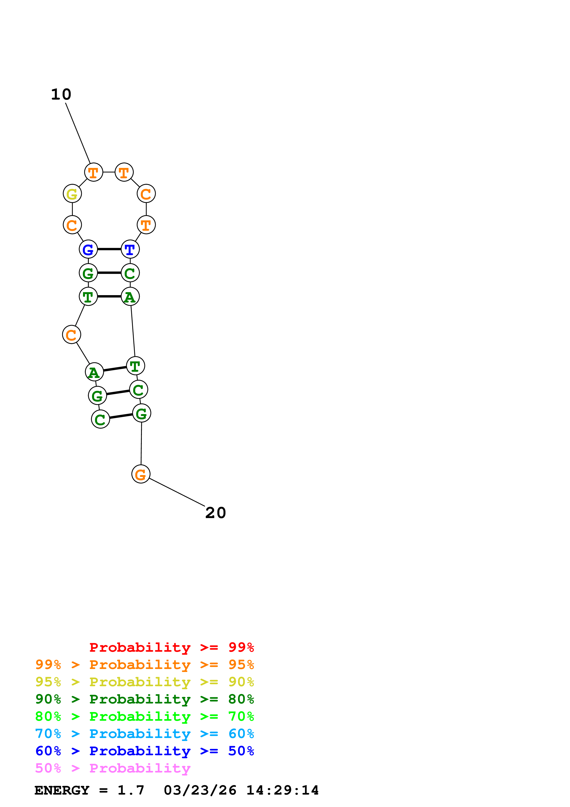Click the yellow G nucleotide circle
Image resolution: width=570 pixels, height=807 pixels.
tap(72, 194)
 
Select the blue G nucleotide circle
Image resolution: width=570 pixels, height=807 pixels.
tap(88, 249)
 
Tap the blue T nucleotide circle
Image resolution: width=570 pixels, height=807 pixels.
tap(130, 249)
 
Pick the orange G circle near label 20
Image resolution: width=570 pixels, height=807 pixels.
tap(141, 474)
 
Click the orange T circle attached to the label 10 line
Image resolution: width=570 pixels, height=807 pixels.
tap(93, 172)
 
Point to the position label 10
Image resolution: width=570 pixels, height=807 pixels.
tap(61, 94)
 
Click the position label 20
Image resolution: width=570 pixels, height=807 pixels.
tap(216, 513)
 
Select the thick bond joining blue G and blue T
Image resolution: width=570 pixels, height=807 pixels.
tap(109, 249)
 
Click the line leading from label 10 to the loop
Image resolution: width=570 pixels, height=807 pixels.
tap(78, 133)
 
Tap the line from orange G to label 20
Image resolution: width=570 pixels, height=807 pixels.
tap(177, 492)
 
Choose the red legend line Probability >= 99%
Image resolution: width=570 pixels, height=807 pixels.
tap(172, 647)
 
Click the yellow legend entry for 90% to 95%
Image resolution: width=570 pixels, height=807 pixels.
tap(145, 682)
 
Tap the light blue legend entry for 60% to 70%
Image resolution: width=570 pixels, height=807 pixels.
tap(145, 734)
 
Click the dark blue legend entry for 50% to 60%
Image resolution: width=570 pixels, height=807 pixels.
tap(145, 751)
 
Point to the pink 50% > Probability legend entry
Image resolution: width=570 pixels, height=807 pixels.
tap(113, 768)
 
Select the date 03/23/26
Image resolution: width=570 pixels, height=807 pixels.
tap(200, 790)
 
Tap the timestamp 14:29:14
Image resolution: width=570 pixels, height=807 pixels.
tap(282, 790)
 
